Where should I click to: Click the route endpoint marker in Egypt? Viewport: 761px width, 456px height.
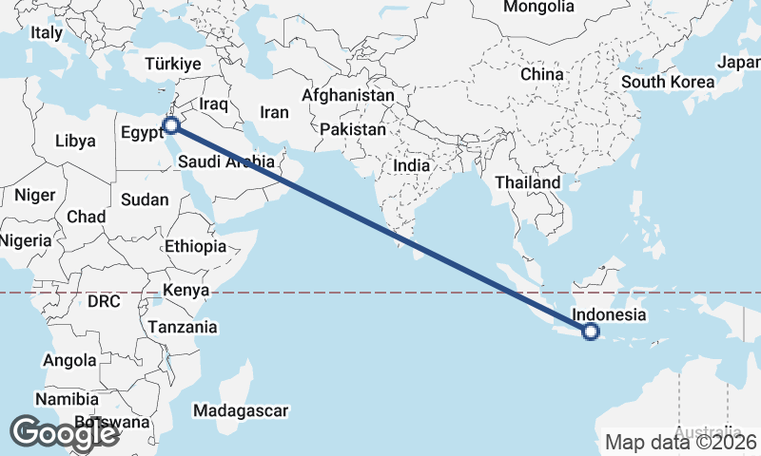click(x=171, y=124)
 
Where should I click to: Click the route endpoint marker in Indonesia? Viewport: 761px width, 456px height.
click(x=591, y=332)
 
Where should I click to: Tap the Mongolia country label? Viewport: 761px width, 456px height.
click(x=538, y=8)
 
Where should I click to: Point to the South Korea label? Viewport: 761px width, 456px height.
click(x=668, y=82)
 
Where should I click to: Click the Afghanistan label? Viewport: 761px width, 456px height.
click(x=348, y=96)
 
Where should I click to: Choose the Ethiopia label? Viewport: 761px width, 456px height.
click(x=195, y=246)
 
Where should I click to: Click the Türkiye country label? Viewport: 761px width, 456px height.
click(x=173, y=64)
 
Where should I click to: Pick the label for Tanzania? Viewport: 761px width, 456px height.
click(x=182, y=327)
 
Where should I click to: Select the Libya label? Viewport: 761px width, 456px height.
click(x=75, y=141)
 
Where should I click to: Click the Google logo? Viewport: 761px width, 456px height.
click(x=65, y=433)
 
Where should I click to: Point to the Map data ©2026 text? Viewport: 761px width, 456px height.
click(x=680, y=442)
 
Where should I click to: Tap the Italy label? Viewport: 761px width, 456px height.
click(x=47, y=32)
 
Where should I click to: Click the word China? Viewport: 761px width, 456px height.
click(x=542, y=73)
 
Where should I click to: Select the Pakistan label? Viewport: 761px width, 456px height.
click(x=353, y=128)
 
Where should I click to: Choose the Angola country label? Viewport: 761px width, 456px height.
click(x=69, y=360)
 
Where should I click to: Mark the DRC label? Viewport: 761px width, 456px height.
click(x=104, y=301)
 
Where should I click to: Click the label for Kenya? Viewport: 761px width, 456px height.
click(x=185, y=290)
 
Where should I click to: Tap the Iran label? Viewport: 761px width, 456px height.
click(x=274, y=112)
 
